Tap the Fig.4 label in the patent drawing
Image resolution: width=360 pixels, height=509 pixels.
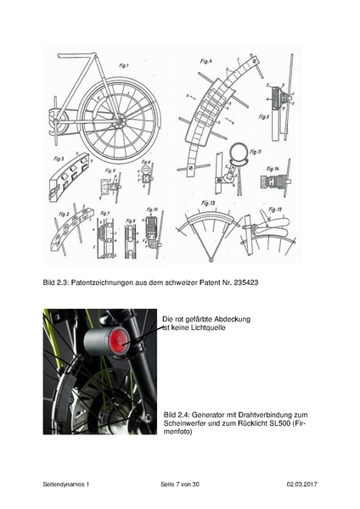(203, 62)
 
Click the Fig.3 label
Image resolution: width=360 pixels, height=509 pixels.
(60, 159)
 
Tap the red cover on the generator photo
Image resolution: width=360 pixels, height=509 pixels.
(116, 345)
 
